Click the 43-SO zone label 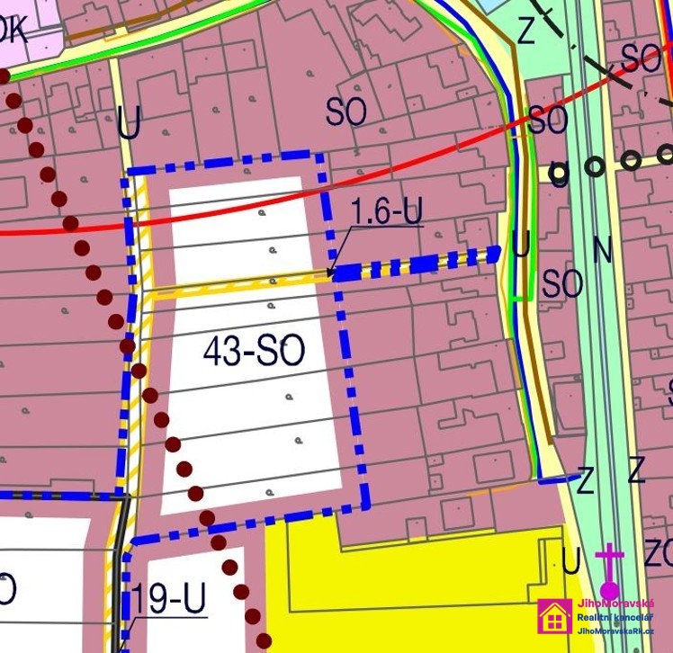[255, 352]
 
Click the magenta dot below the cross [610, 588]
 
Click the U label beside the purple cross [570, 560]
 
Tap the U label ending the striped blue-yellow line [520, 244]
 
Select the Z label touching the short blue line [585, 482]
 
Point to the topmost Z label [526, 32]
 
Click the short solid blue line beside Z [557, 479]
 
